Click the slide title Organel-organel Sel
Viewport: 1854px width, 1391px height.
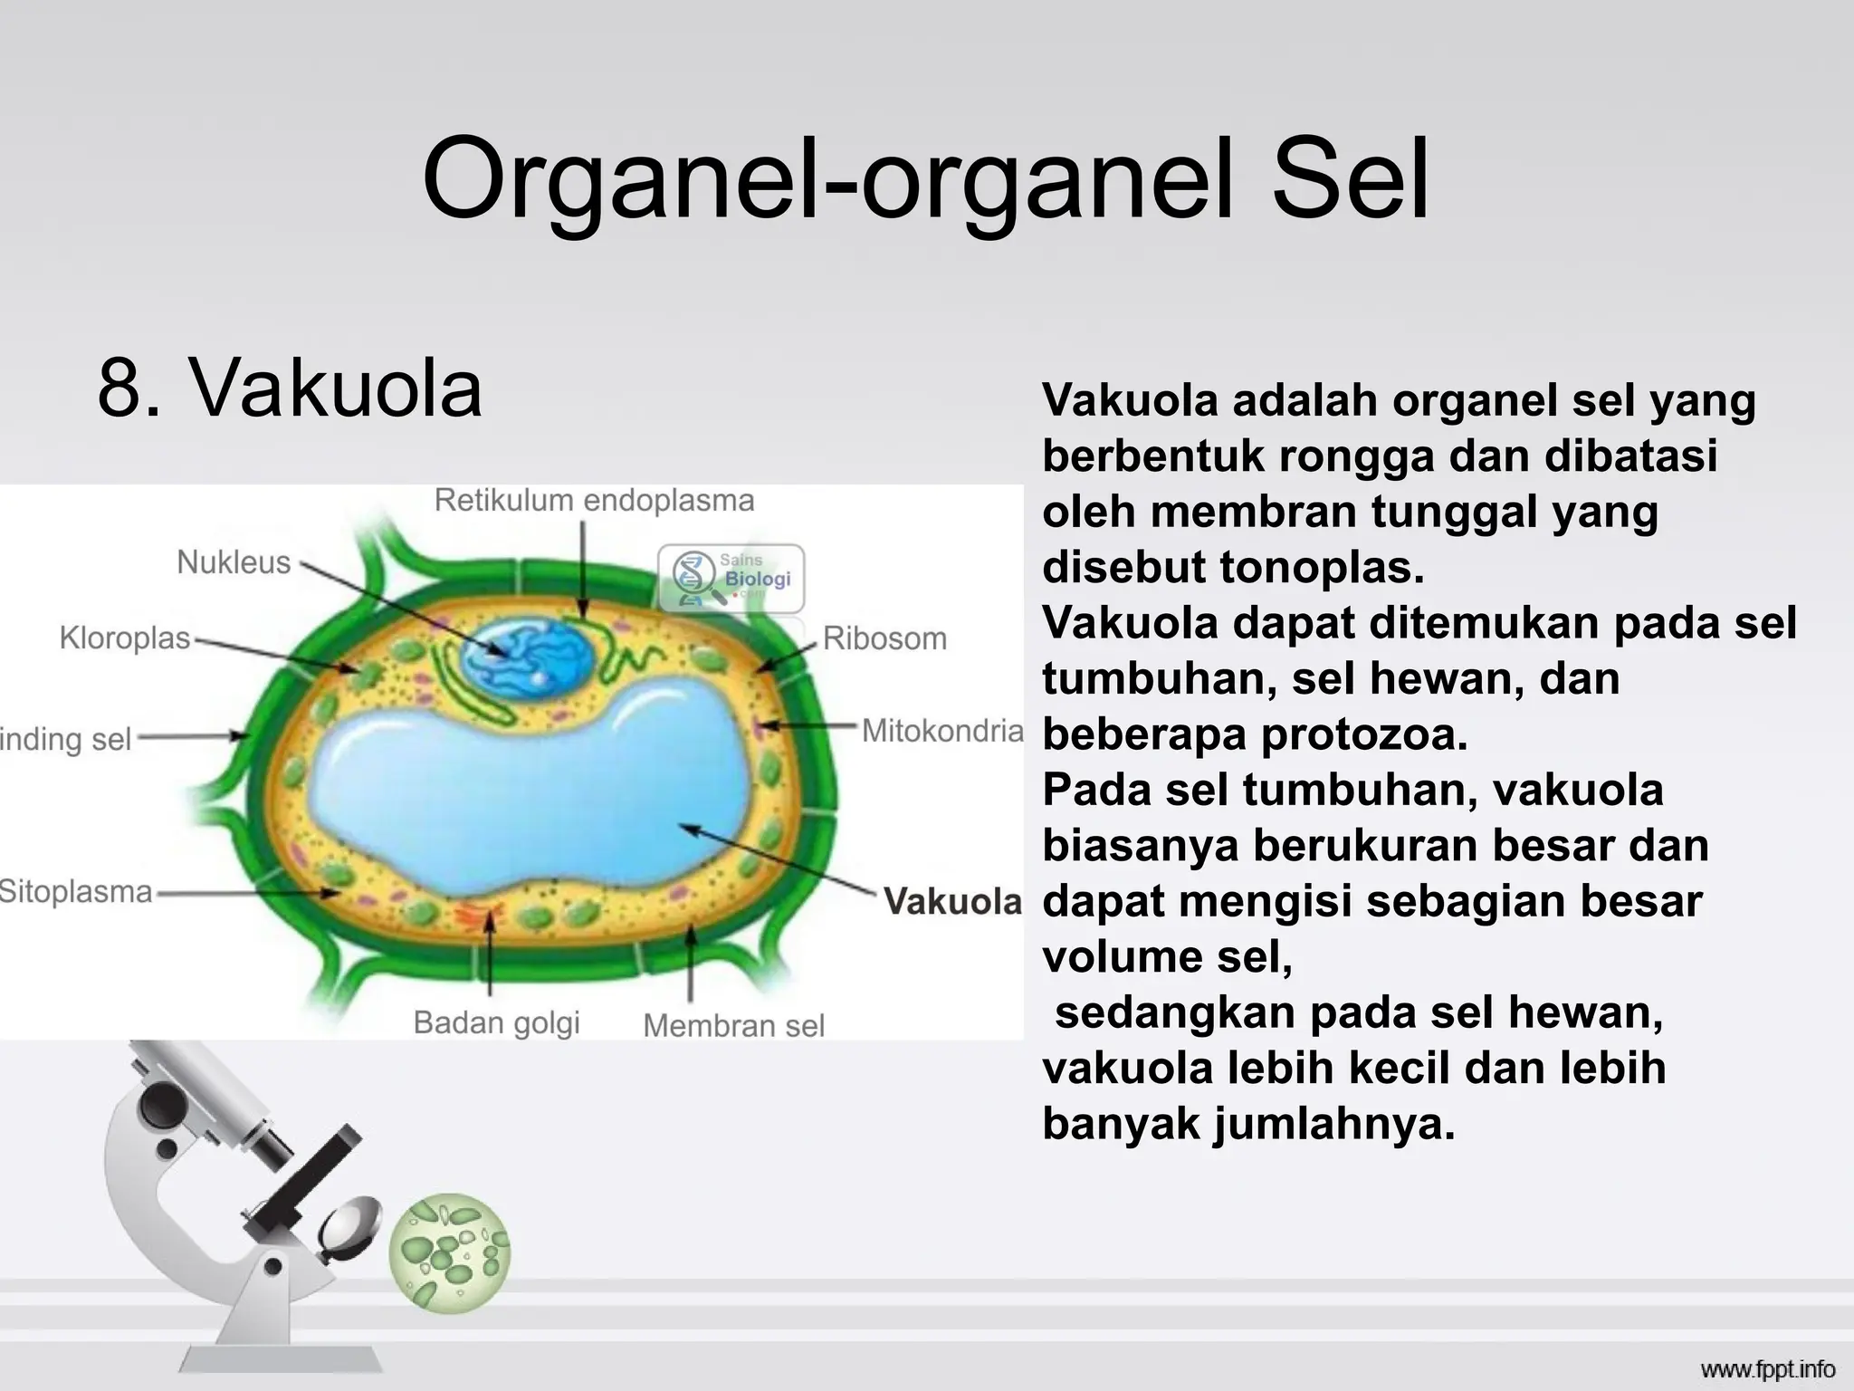click(x=925, y=179)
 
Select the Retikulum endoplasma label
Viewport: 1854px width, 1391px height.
click(x=594, y=501)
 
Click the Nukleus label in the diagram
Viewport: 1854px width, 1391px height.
click(x=234, y=562)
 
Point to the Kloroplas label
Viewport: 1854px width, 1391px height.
click(x=125, y=638)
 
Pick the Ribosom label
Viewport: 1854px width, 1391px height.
click(x=884, y=639)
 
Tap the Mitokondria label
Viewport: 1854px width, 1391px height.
click(x=941, y=731)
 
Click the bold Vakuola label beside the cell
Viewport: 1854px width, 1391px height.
click(x=952, y=901)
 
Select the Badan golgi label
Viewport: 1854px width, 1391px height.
click(x=496, y=1022)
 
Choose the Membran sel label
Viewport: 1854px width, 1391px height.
click(x=733, y=1026)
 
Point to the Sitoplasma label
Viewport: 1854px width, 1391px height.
click(x=76, y=892)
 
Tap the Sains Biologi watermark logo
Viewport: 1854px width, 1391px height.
click(x=731, y=577)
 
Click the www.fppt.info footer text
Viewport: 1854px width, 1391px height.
click(x=1767, y=1369)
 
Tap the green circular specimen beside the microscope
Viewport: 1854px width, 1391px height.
click(x=450, y=1252)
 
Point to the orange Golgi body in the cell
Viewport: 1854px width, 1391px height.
click(x=477, y=916)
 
